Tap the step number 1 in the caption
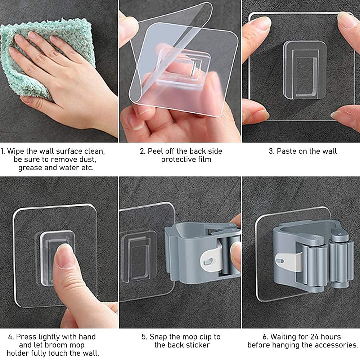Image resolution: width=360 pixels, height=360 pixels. [x=3, y=151]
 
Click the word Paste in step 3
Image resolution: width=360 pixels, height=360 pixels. [x=286, y=151]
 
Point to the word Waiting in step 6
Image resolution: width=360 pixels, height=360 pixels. [x=284, y=337]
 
